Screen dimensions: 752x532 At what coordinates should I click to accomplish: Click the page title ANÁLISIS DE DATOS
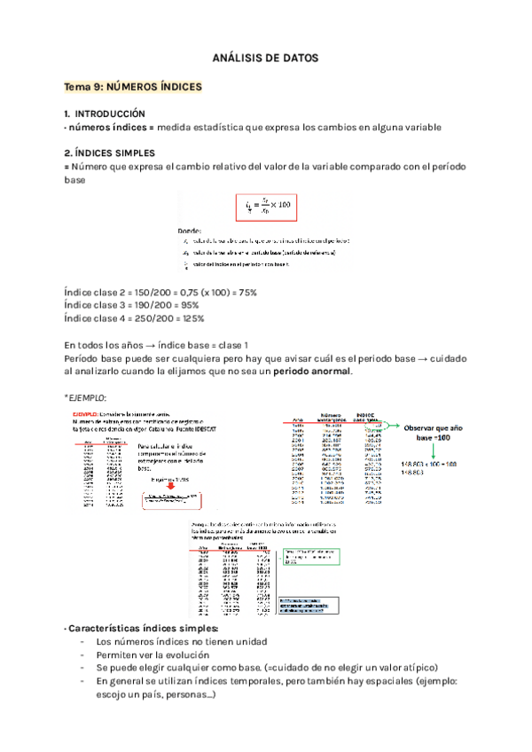tap(265, 58)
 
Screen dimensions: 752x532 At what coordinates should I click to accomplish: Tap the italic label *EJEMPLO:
tap(88, 396)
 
